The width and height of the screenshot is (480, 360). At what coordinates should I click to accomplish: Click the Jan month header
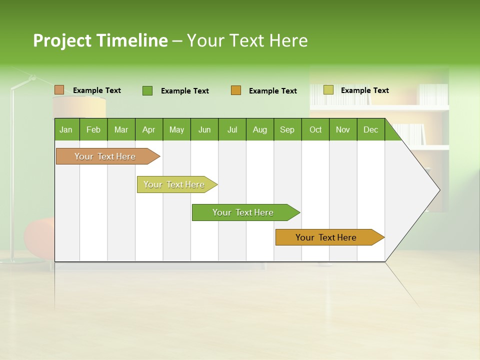click(66, 129)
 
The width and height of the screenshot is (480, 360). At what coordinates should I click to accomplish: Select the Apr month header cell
click(149, 129)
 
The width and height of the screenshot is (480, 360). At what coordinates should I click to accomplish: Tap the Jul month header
click(232, 129)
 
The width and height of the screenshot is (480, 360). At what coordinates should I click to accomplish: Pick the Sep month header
click(287, 129)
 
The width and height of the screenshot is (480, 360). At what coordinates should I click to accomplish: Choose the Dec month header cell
click(370, 129)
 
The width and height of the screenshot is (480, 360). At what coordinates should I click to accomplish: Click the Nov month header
click(343, 129)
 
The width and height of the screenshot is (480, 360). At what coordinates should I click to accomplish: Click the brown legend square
click(59, 90)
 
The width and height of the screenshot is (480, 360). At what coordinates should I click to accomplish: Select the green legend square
click(147, 90)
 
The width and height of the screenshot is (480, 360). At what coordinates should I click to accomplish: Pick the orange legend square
click(236, 90)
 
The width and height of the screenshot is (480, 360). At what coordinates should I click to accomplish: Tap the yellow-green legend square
click(328, 90)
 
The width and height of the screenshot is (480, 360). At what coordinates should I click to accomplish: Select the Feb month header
click(93, 129)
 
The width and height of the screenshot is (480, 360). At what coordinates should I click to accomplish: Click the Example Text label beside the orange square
click(273, 91)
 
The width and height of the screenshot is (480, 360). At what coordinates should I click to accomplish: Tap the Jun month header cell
click(204, 129)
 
